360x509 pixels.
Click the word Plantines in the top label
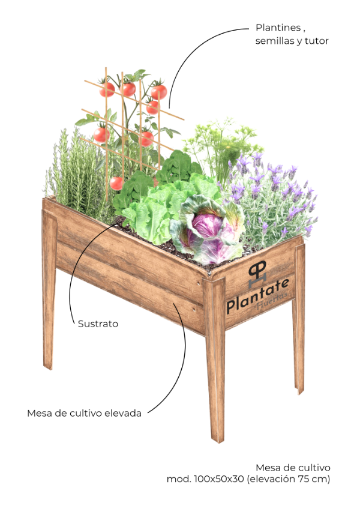[278, 28]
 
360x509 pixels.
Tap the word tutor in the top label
[317, 41]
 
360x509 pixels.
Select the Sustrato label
[98, 324]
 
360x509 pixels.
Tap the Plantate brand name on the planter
[257, 296]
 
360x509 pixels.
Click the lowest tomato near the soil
[116, 184]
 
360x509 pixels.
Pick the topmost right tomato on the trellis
[159, 91]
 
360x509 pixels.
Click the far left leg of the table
[49, 289]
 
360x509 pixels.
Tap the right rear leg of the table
[299, 318]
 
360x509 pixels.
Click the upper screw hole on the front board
[197, 283]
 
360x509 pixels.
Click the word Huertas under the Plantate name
[272, 301]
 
